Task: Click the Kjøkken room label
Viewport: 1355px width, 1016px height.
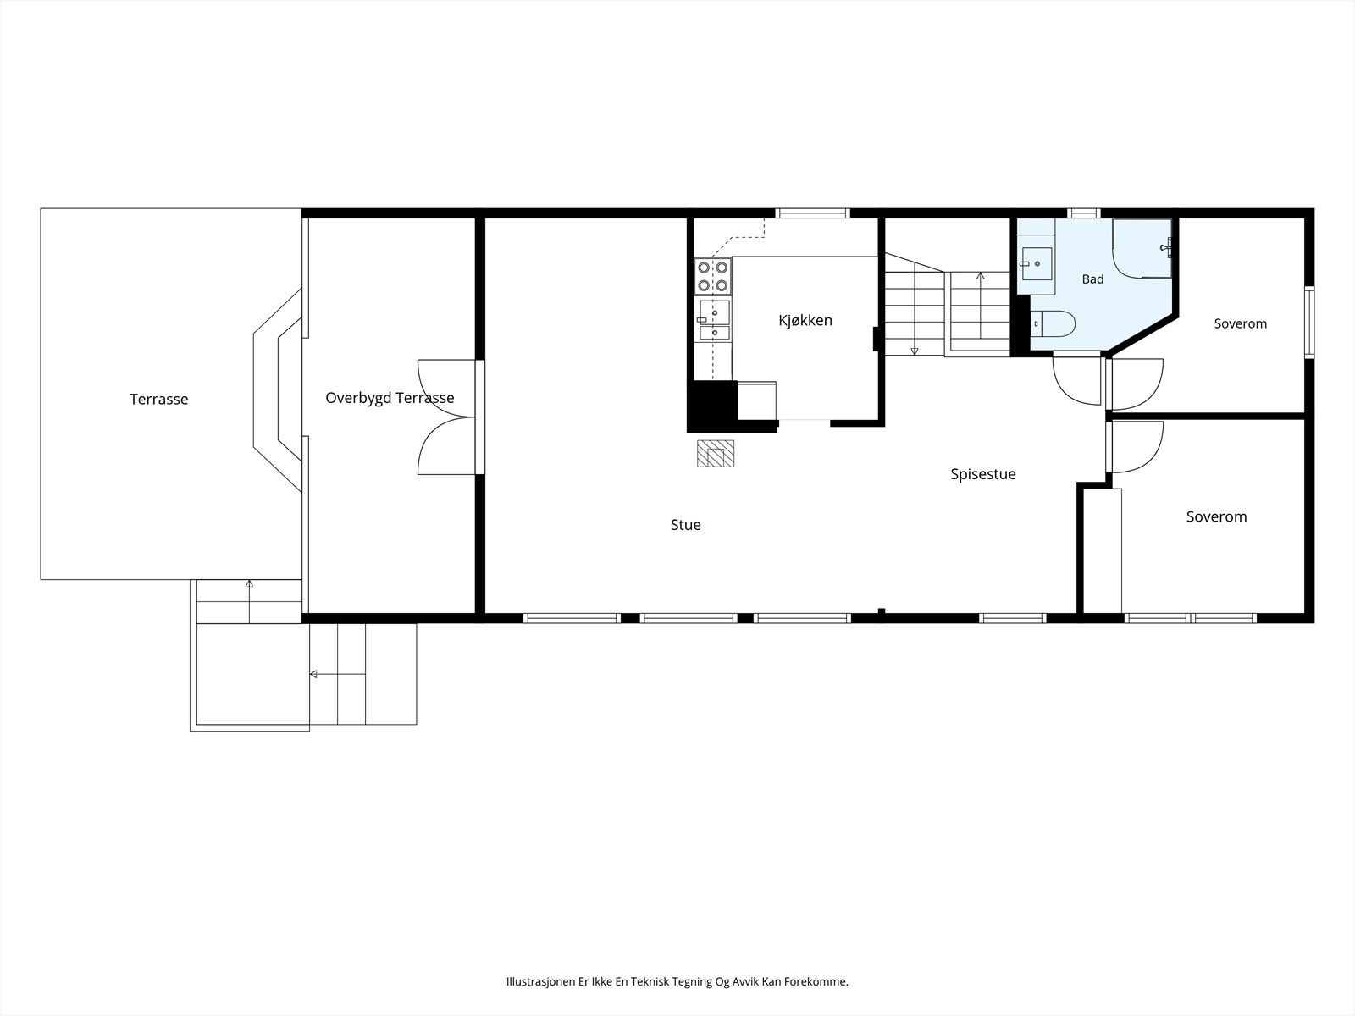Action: click(x=805, y=320)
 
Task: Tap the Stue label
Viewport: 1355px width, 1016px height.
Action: click(x=686, y=525)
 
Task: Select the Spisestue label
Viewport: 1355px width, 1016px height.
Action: click(x=982, y=474)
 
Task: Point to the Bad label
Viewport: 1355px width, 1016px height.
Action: click(x=1092, y=279)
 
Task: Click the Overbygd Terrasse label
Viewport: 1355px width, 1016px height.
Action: click(x=390, y=398)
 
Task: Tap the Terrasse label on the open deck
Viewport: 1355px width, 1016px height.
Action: click(x=158, y=399)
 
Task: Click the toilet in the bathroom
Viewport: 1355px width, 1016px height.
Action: click(x=1054, y=324)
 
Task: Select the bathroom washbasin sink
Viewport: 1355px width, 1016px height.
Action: click(x=1037, y=263)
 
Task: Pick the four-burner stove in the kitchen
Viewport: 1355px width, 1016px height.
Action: click(x=712, y=276)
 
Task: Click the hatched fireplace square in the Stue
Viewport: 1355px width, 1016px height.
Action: click(x=716, y=454)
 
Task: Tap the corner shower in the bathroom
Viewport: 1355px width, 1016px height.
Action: click(x=1142, y=249)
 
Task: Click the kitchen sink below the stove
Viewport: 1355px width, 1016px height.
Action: click(x=714, y=320)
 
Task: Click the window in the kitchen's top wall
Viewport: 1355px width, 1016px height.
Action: click(x=812, y=213)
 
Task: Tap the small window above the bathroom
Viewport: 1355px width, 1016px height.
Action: click(x=1084, y=213)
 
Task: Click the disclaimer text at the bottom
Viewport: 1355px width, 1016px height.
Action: click(x=677, y=981)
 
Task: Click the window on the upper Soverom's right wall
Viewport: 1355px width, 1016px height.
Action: click(x=1309, y=322)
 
